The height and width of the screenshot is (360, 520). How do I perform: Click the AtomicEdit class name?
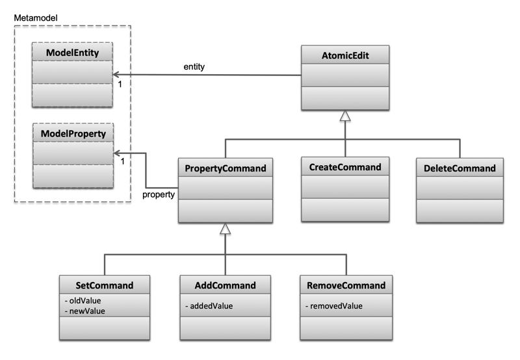(344, 56)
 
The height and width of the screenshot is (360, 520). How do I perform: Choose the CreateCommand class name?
(344, 167)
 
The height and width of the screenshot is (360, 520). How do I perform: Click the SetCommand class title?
(105, 285)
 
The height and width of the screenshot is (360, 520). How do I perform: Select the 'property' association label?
(159, 194)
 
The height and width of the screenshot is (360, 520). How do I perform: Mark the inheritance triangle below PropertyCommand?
(224, 228)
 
